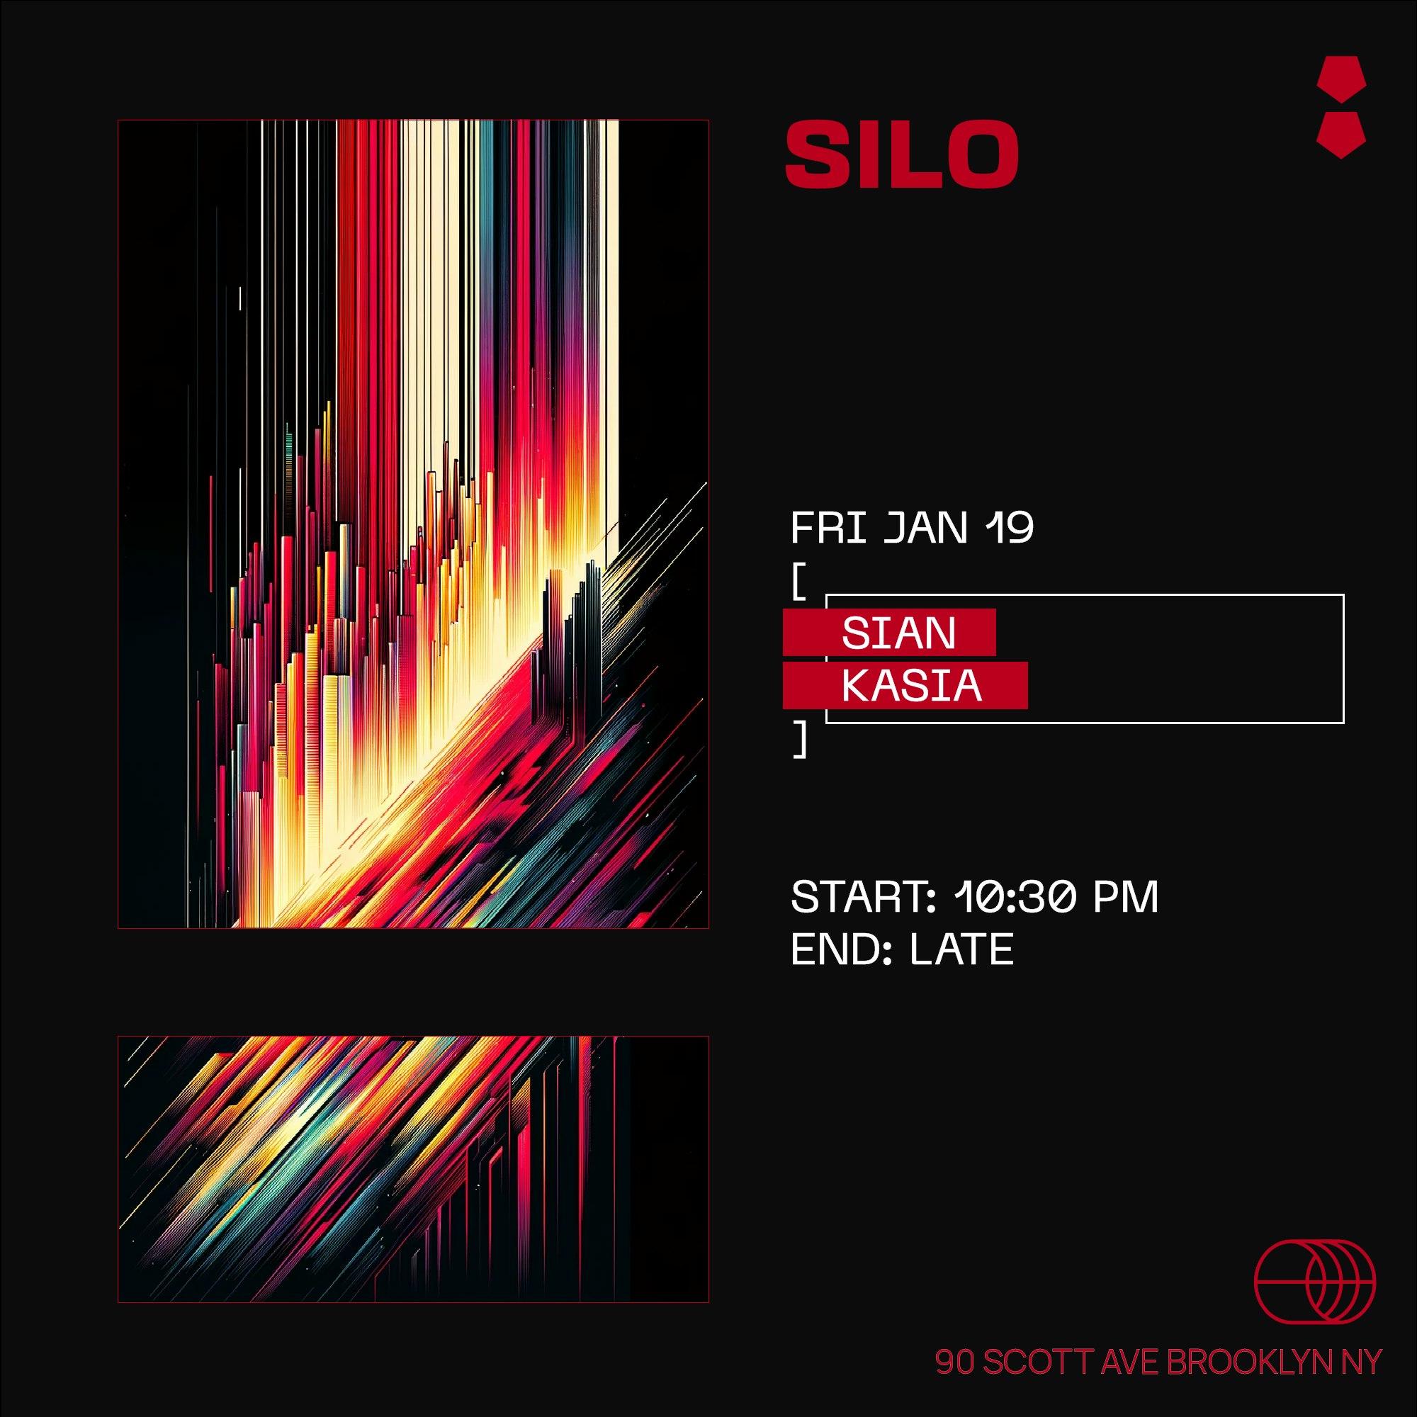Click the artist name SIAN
pos(899,632)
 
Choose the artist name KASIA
pos(912,686)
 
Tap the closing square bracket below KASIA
pos(799,739)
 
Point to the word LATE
pos(961,950)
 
